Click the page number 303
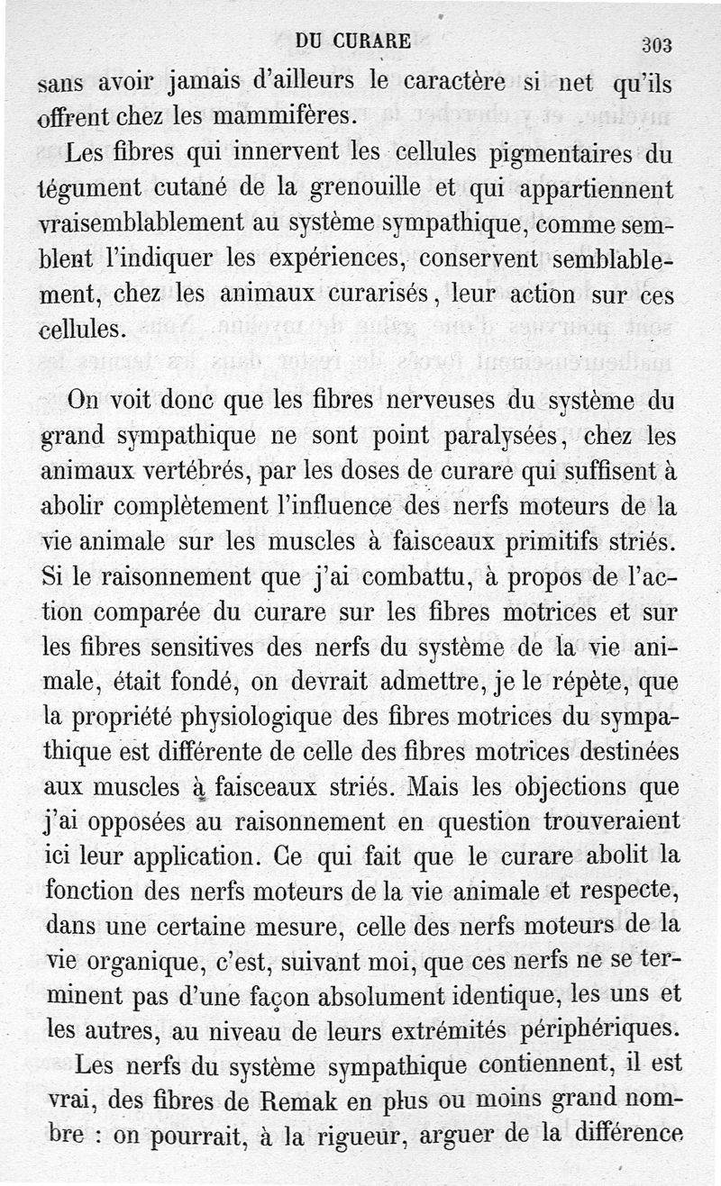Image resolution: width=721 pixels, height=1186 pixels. [658, 45]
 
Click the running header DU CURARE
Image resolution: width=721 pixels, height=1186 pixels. [353, 41]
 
